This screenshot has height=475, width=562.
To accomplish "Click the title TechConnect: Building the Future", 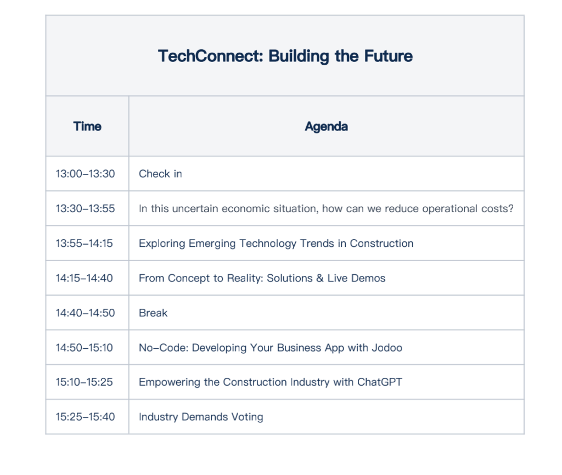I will [285, 56].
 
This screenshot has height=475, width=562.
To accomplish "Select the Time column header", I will [87, 126].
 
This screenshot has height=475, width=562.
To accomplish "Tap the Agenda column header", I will [326, 126].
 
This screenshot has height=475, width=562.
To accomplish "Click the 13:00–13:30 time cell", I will [85, 174].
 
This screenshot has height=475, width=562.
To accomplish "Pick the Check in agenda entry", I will [160, 174].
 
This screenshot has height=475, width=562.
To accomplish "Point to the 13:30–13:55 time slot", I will [85, 208].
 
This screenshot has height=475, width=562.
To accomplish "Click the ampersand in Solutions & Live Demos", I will [319, 278].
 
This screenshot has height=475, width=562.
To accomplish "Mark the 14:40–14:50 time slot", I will [85, 313].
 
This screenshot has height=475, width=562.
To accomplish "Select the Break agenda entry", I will [153, 313].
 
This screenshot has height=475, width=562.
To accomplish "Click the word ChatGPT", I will [380, 382].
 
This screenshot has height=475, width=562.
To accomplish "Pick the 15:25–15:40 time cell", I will [85, 417].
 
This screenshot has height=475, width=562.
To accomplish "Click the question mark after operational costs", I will [510, 208].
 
